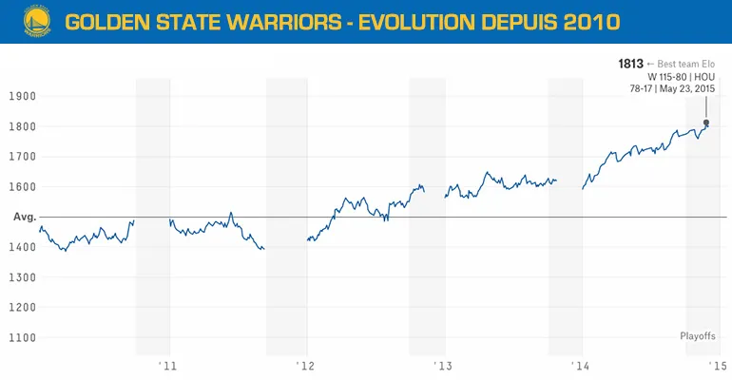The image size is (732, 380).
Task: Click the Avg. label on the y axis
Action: (24, 218)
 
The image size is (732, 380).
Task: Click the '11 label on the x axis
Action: (169, 366)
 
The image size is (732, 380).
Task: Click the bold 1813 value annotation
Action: (629, 63)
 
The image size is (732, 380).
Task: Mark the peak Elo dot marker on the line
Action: (705, 123)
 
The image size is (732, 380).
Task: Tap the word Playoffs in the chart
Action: (698, 336)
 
